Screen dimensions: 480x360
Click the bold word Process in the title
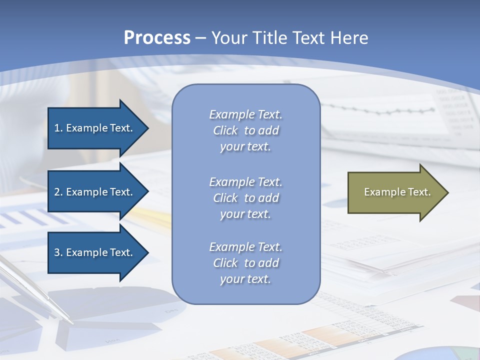(x=157, y=38)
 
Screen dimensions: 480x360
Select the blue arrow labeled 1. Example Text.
(x=95, y=128)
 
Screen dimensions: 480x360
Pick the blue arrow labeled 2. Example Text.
(x=95, y=192)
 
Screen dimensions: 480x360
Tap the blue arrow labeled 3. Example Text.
(x=95, y=252)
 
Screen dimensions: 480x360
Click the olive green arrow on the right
(x=395, y=192)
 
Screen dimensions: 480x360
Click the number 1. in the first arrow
(x=58, y=128)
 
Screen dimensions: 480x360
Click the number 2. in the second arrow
(x=58, y=192)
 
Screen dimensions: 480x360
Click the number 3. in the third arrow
(x=58, y=252)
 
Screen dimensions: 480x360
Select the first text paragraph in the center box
(x=245, y=130)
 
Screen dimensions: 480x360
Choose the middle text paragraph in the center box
(x=245, y=198)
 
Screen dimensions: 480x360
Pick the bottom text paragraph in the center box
(x=245, y=263)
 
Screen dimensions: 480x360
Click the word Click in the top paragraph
(x=225, y=130)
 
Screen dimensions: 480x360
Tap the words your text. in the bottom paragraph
(x=245, y=279)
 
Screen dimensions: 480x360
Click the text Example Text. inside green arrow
(x=397, y=192)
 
